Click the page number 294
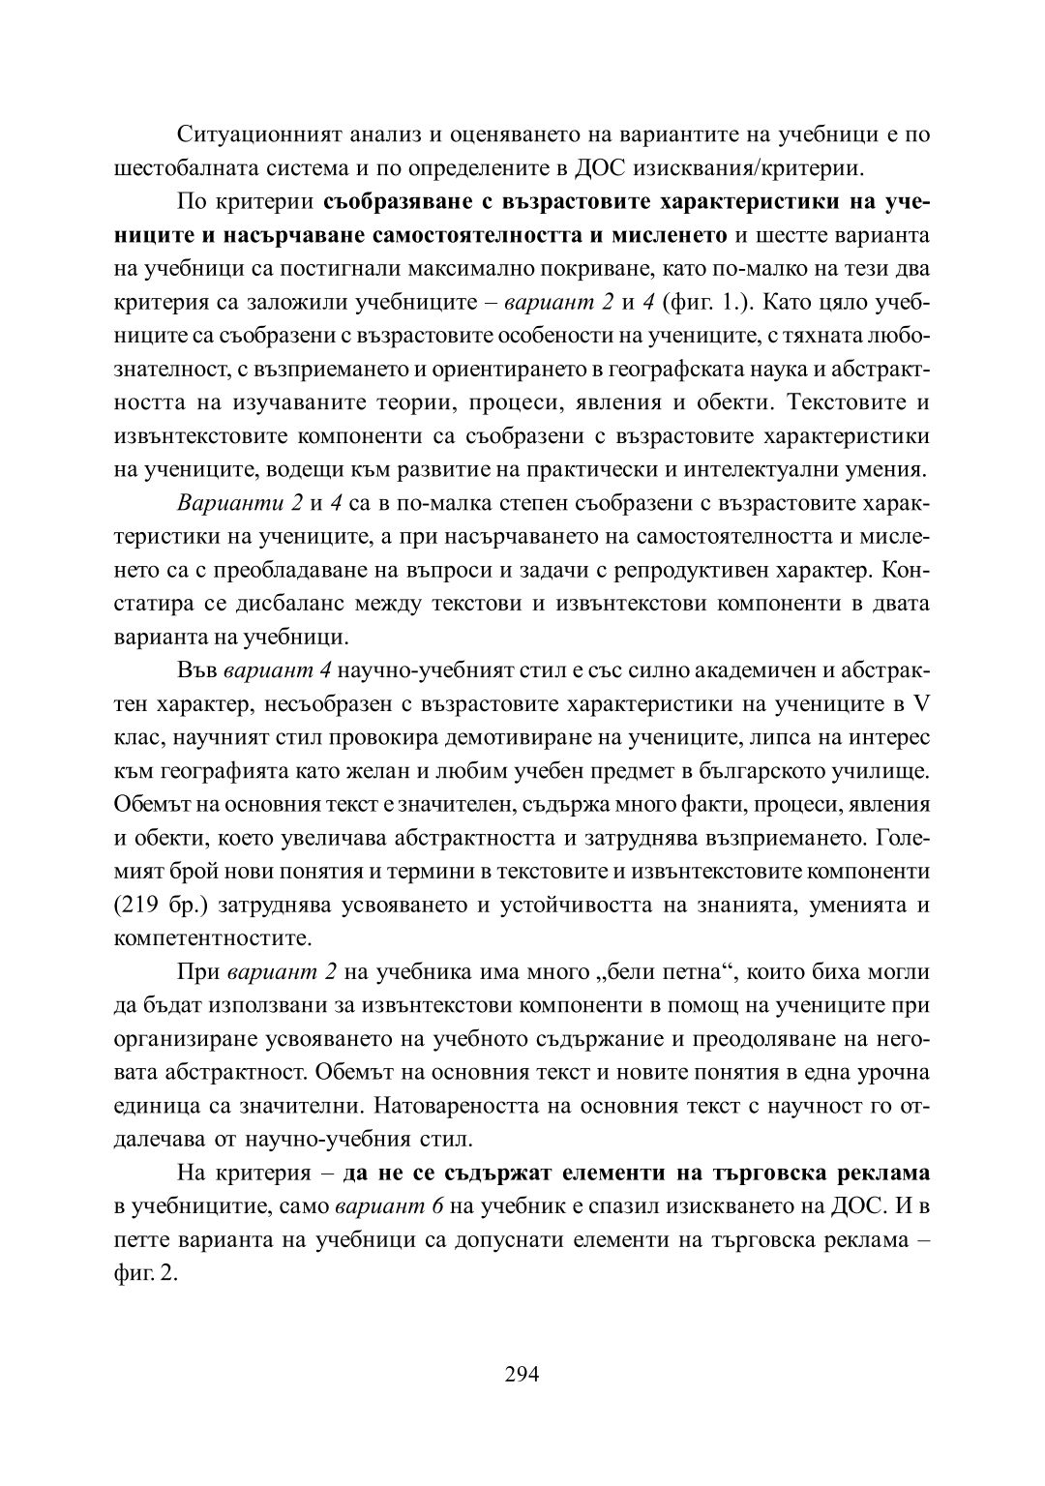(x=522, y=1374)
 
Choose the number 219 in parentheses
(x=156, y=905)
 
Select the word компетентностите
(x=212, y=937)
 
